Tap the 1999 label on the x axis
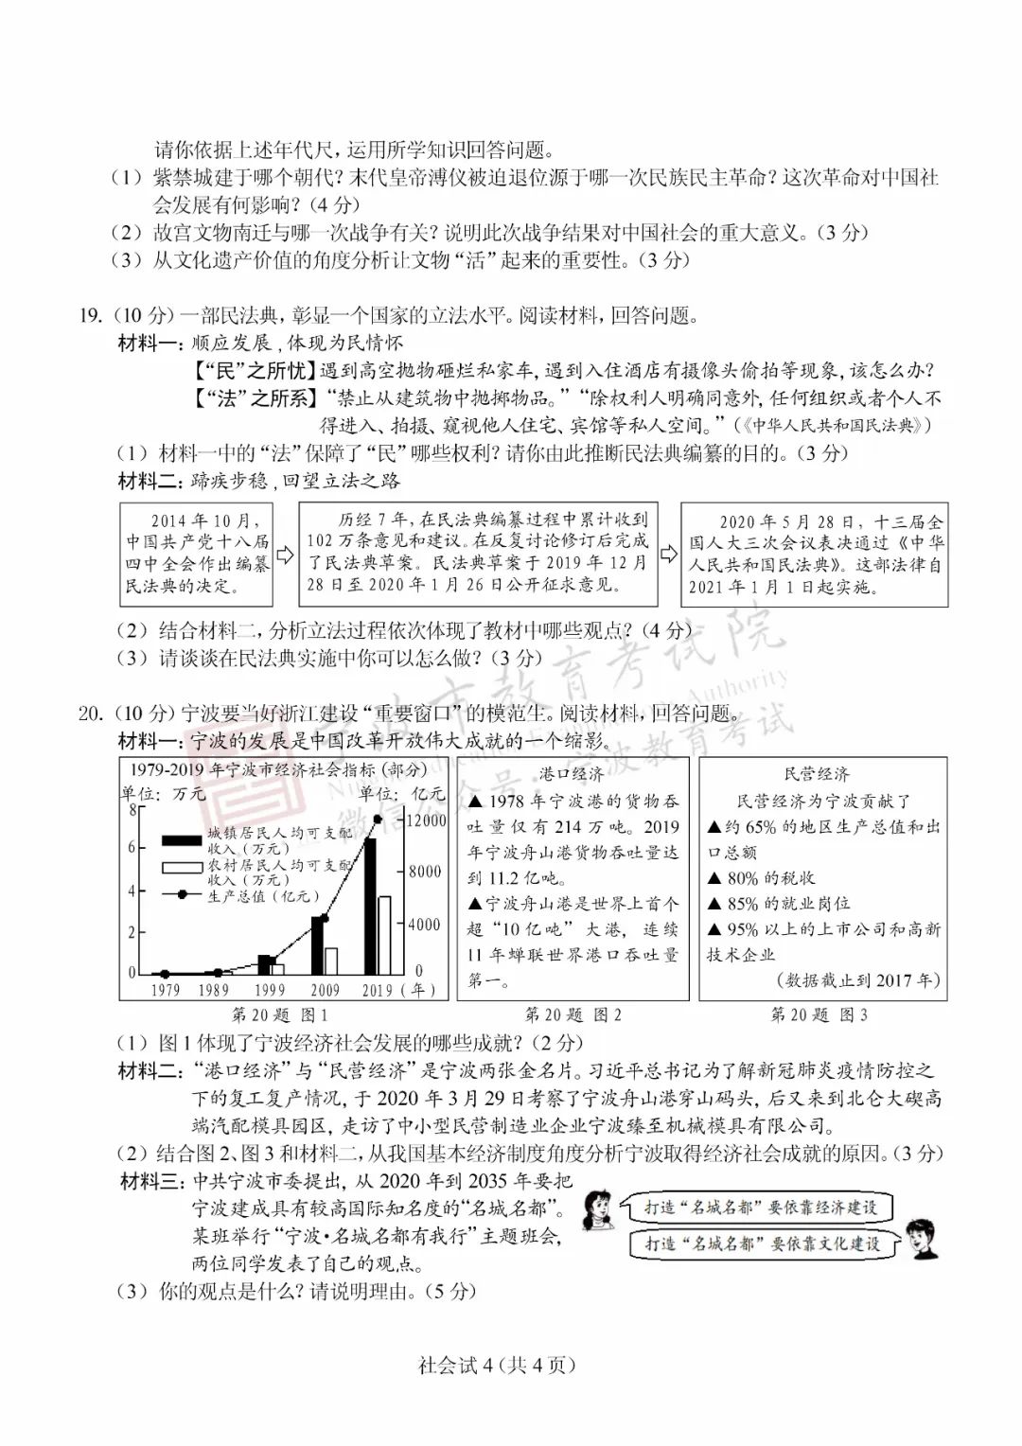[269, 990]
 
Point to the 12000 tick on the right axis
[426, 820]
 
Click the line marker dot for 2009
[325, 918]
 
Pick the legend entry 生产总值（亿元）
[263, 895]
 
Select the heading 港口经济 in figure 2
[572, 774]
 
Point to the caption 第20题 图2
[573, 1014]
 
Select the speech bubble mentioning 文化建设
[763, 1243]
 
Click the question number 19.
[91, 316]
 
